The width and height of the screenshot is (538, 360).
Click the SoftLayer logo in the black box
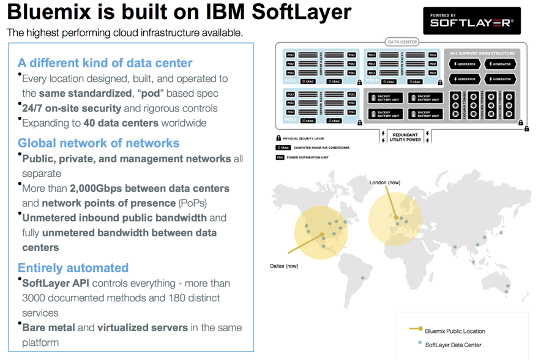click(x=471, y=21)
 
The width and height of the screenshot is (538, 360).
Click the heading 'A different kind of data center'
click(x=105, y=63)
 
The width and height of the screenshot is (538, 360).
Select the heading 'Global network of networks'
click(x=98, y=143)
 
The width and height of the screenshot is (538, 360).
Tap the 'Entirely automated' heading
click(x=73, y=268)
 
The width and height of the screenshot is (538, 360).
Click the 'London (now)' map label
click(x=385, y=182)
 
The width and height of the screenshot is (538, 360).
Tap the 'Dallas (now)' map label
click(x=284, y=266)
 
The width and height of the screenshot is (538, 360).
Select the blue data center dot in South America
click(x=362, y=278)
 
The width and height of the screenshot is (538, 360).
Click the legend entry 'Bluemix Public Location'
click(x=455, y=331)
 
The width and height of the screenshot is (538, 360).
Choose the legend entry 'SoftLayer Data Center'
click(x=453, y=345)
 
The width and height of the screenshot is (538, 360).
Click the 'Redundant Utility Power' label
click(x=405, y=137)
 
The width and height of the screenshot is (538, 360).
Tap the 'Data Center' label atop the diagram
click(x=402, y=42)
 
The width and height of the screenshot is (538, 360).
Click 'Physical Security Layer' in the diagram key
click(x=304, y=138)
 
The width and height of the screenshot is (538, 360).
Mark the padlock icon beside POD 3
click(x=439, y=83)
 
